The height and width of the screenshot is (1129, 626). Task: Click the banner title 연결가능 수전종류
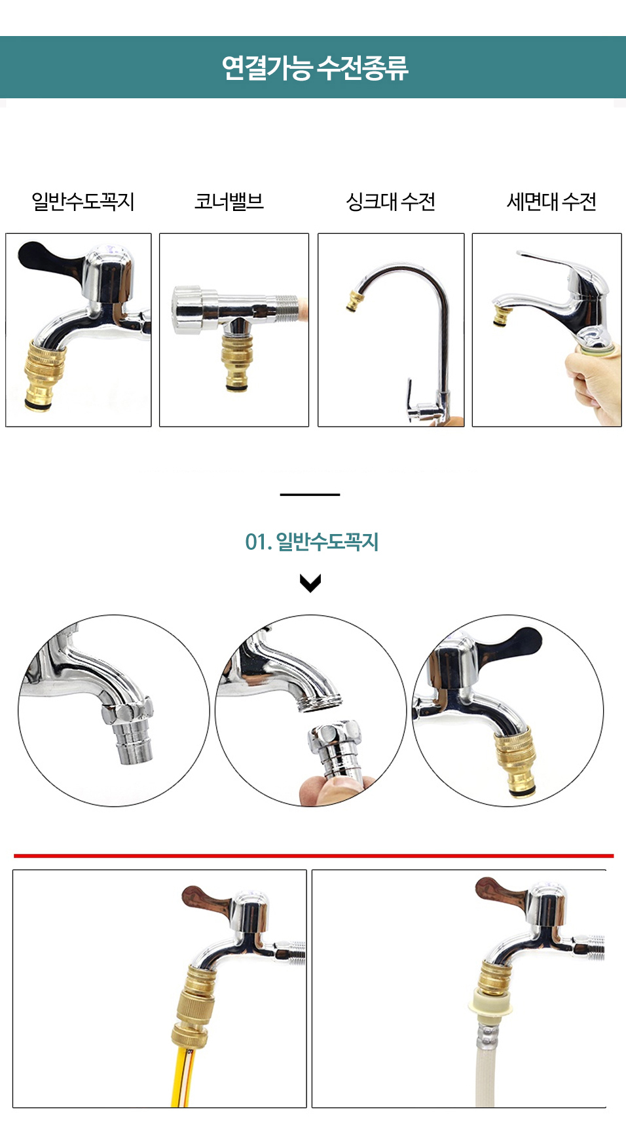[x=315, y=67]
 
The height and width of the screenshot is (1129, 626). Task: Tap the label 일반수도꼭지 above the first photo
[x=83, y=201]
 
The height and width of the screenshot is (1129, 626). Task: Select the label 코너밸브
[x=229, y=201]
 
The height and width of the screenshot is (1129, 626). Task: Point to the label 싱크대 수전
[x=391, y=201]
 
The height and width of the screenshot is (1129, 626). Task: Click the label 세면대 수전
[x=552, y=201]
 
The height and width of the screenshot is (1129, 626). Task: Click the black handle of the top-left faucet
[x=49, y=258]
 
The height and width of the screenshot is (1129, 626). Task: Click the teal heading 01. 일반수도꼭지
[x=312, y=542]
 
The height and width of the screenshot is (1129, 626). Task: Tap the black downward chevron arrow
[x=310, y=583]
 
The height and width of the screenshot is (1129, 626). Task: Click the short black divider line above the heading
[x=310, y=495]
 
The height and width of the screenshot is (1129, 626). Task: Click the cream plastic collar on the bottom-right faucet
[x=490, y=1005]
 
